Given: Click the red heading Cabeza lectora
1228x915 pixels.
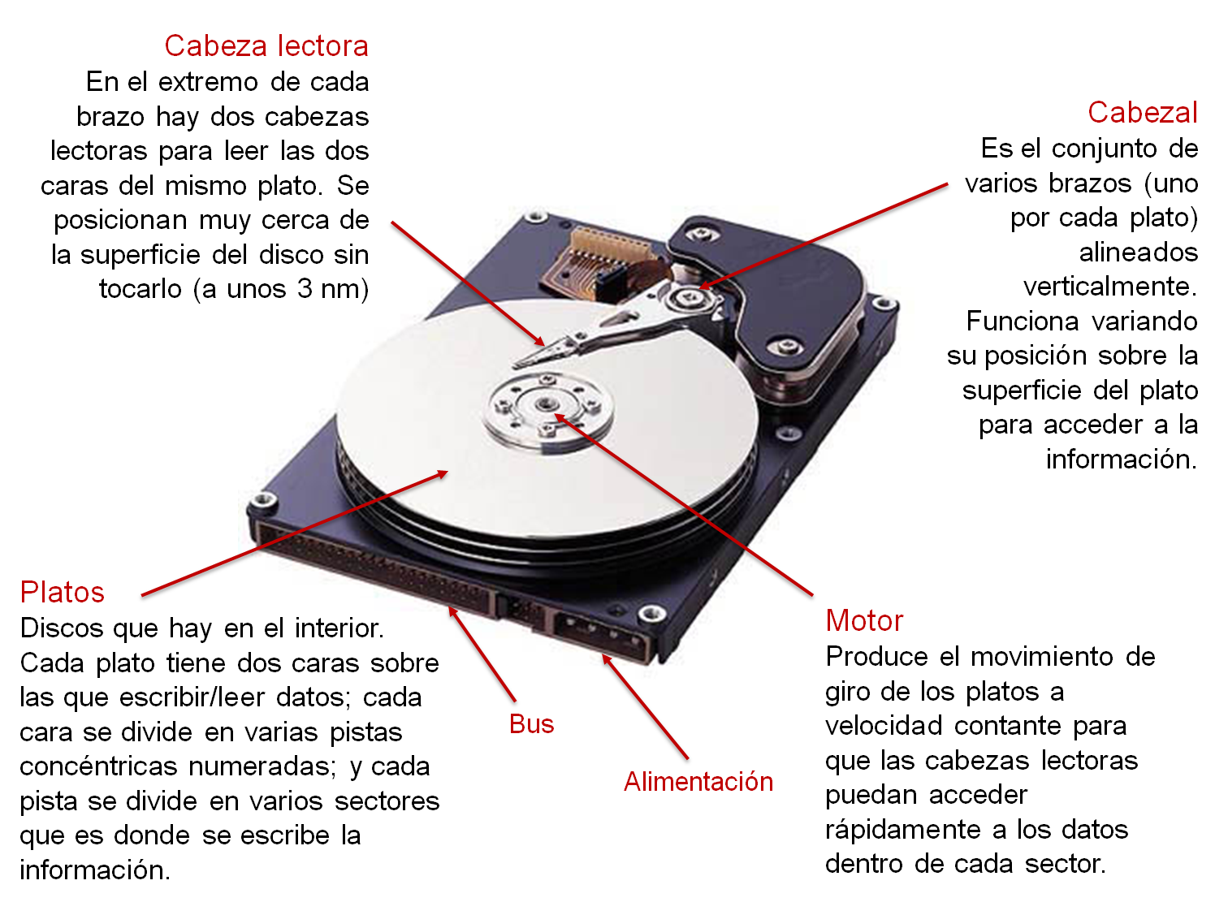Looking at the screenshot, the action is click(x=266, y=45).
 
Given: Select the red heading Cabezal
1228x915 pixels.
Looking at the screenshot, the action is click(x=1143, y=112).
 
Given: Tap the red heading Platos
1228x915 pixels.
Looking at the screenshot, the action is click(x=62, y=593).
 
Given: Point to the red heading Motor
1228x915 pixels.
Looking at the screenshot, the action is click(x=864, y=620).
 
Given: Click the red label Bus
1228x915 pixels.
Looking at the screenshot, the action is click(x=531, y=724).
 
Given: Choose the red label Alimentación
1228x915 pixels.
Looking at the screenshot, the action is click(x=698, y=781).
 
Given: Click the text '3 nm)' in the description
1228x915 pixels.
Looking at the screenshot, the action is click(x=333, y=289).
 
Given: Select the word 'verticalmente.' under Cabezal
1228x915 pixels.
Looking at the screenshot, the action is click(x=1110, y=287).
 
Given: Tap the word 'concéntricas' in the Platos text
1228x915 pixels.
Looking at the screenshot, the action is click(x=98, y=766).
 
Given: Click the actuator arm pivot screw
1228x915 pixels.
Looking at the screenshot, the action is click(x=686, y=297).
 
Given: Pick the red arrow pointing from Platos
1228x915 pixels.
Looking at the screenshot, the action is click(x=295, y=533).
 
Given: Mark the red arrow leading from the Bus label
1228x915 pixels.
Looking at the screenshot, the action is click(x=482, y=654).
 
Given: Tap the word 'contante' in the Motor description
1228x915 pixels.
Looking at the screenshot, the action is click(x=1007, y=726).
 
